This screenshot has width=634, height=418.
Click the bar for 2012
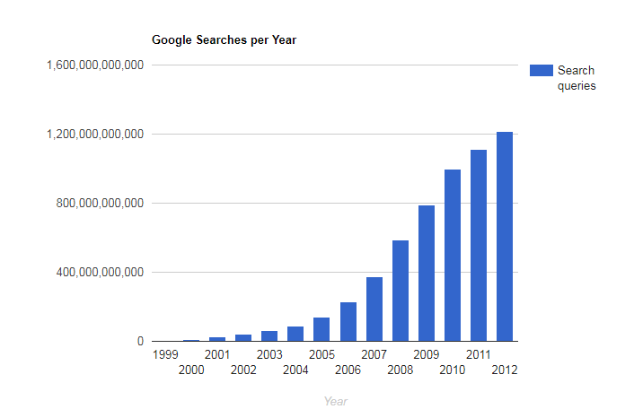[505, 237]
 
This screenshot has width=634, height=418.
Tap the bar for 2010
[453, 256]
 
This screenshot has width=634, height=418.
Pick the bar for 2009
[427, 274]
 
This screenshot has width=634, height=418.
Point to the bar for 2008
[401, 291]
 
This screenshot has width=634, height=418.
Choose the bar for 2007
[374, 309]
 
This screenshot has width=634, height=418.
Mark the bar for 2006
[348, 322]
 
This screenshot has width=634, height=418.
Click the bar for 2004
[295, 334]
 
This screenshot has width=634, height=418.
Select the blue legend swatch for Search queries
[541, 71]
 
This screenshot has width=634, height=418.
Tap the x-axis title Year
[336, 401]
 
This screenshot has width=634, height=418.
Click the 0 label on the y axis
[139, 342]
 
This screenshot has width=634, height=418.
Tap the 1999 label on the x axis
[165, 354]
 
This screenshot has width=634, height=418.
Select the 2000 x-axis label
[191, 370]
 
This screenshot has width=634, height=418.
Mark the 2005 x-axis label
[322, 354]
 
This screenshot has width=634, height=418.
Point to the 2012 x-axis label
[505, 370]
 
